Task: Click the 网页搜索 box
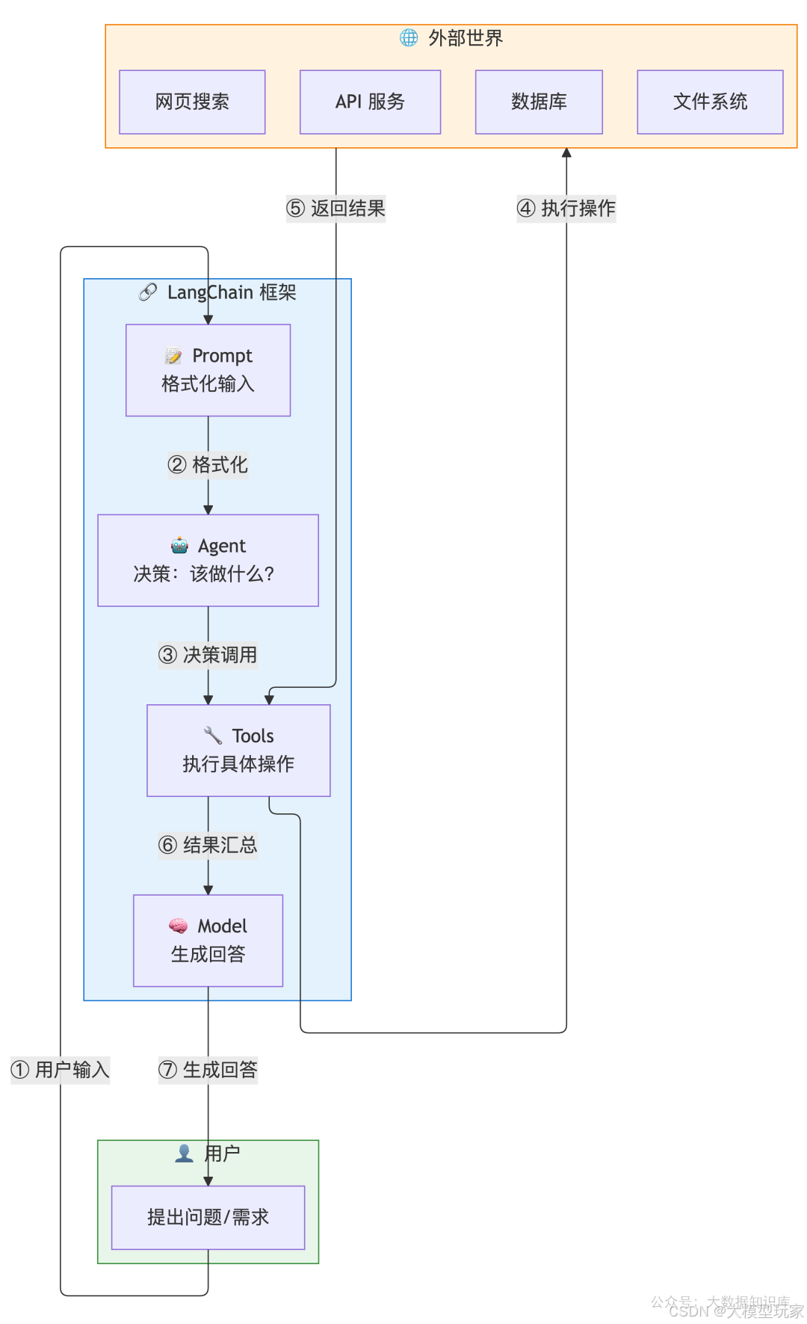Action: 192,102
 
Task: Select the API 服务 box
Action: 370,102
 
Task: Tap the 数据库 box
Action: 539,102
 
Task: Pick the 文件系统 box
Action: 710,102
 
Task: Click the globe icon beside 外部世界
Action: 409,37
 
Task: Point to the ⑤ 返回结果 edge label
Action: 336,209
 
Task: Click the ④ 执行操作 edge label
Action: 566,209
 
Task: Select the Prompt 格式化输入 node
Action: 208,370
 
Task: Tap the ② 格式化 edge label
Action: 208,465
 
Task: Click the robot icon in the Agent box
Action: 179,545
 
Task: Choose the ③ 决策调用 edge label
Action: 208,655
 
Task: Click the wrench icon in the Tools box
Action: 213,736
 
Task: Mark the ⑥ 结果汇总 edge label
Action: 208,846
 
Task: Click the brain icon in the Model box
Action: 178,926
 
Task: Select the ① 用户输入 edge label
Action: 61,1070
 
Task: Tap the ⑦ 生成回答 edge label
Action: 208,1070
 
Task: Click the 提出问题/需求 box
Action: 208,1217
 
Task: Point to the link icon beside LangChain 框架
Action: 148,292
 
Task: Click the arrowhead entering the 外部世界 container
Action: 566,153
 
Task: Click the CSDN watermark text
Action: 735,1311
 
